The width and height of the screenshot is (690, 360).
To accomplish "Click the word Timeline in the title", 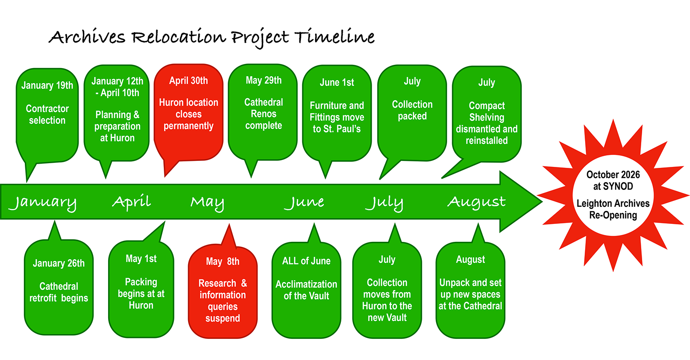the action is tap(334, 36).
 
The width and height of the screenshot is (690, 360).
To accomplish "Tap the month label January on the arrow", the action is tap(42, 203).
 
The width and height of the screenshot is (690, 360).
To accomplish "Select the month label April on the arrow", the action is tap(132, 202).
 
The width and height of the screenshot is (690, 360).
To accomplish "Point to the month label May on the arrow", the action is tap(207, 203).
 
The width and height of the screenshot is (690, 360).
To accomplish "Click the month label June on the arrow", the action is tap(304, 202).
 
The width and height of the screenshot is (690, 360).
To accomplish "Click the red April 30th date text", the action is tap(189, 80).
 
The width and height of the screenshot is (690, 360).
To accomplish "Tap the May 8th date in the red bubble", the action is tap(223, 262).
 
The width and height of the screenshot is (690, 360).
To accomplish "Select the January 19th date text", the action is tap(47, 86).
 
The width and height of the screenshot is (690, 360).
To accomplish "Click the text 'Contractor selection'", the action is tap(47, 114).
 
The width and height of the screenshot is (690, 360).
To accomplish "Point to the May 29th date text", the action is tap(264, 80).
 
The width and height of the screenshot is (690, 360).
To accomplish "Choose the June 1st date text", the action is tap(337, 83).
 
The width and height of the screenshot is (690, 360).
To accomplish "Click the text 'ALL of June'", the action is tap(306, 261).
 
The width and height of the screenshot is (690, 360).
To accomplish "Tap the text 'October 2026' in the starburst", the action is tap(613, 175).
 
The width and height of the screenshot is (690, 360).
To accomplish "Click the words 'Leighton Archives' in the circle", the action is tap(613, 204).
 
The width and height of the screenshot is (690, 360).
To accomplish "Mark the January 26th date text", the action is tap(59, 263).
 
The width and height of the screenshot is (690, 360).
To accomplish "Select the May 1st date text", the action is tap(141, 259).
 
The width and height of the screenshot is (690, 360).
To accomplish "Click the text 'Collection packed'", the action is tap(412, 110).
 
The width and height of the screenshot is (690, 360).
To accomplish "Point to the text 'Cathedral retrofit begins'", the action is tap(59, 292).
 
